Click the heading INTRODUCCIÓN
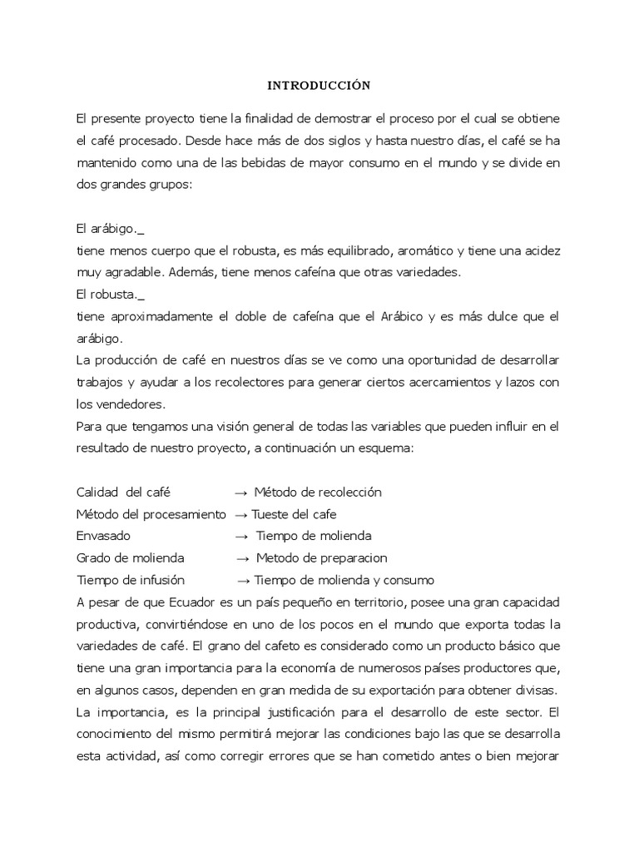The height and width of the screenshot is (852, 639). point(319,85)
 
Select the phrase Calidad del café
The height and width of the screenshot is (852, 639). point(122,492)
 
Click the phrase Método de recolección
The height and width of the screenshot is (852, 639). point(318,492)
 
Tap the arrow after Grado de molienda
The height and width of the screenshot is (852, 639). point(242,557)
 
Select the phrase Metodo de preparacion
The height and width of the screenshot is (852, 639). point(321,557)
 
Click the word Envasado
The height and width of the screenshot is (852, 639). point(103,536)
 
